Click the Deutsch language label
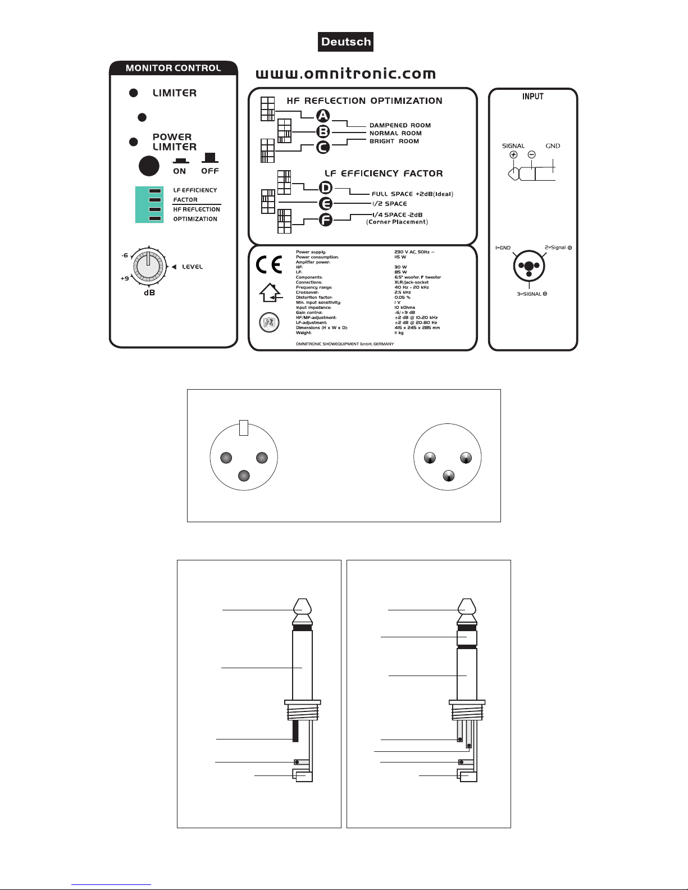(346, 42)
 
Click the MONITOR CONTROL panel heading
(173, 68)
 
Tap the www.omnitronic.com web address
(346, 74)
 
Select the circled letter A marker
(323, 116)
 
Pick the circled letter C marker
(323, 147)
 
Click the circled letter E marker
(326, 204)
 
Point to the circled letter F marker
(326, 220)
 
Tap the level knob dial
(148, 266)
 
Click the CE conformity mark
(269, 264)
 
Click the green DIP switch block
(149, 204)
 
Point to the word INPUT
(532, 97)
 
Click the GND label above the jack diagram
(553, 146)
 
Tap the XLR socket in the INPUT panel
(528, 266)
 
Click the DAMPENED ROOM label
(400, 126)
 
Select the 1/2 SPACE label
(389, 204)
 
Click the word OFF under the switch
(210, 171)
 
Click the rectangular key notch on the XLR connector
(243, 427)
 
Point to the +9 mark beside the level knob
(125, 279)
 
